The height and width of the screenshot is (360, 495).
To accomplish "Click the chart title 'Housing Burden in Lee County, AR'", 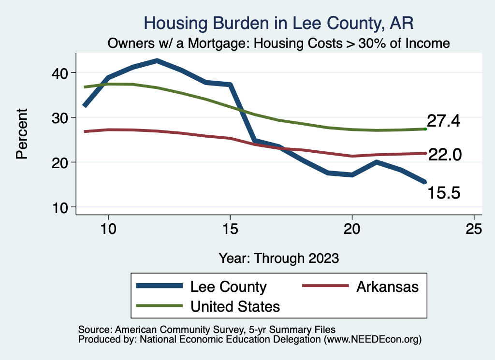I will point(279,23).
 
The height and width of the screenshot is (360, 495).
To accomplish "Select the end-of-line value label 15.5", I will point(443,193).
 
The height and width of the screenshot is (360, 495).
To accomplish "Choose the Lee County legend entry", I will point(228,287).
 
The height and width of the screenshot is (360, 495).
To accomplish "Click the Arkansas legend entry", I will point(387,287).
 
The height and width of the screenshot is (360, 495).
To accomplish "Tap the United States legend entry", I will point(235,306).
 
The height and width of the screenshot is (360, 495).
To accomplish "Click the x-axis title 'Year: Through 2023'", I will point(279,258).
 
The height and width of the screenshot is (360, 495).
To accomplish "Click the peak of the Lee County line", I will point(157,60).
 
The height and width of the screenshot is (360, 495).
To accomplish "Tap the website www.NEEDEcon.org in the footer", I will point(372,340).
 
